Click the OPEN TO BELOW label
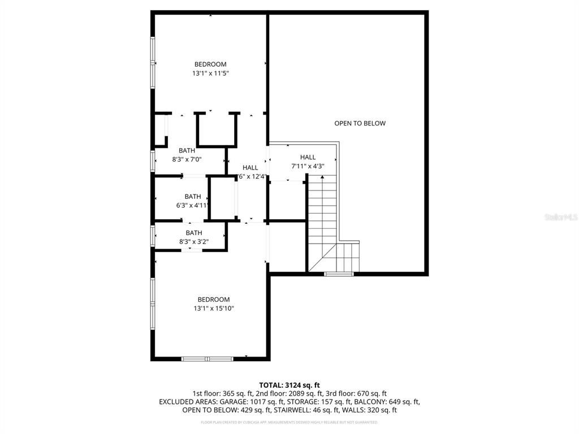[360, 123]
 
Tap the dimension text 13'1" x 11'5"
[210, 73]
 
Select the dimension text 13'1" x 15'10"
[214, 309]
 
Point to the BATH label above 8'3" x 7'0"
[187, 150]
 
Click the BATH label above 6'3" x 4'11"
[193, 197]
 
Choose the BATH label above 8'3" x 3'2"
[194, 233]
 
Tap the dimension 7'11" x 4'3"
[308, 166]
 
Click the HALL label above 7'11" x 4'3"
[308, 157]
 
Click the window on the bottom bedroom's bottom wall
[207, 358]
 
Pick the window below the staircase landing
[339, 274]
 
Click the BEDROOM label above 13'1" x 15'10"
[214, 300]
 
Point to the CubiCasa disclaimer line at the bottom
[289, 422]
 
